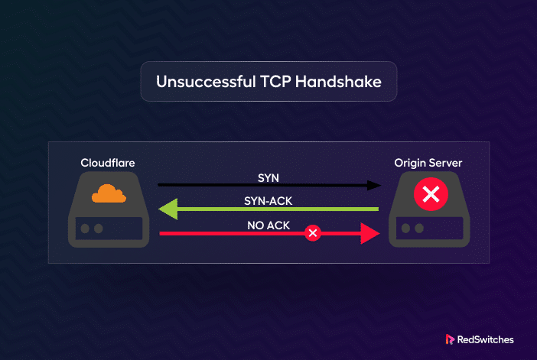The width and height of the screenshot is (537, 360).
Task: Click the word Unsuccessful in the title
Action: pos(207,82)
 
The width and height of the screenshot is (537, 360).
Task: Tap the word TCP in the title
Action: pos(275,82)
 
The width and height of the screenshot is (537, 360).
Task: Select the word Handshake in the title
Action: pos(338,82)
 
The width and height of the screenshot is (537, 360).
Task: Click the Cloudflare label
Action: pos(108,163)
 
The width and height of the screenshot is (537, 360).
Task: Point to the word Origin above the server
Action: pos(409,164)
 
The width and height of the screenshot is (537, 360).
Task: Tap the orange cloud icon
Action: pos(109,193)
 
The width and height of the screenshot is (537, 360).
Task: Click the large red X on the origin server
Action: pos(431,194)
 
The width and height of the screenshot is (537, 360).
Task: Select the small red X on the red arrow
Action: pos(313,233)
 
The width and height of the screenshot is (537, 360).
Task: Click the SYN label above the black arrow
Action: pos(268,178)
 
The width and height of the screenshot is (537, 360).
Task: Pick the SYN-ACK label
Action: pos(268,201)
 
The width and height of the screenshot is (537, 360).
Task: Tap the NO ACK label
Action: pos(268,225)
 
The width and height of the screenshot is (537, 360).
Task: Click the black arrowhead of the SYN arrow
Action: pos(373,186)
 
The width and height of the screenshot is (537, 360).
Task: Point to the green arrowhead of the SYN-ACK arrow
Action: pos(168,209)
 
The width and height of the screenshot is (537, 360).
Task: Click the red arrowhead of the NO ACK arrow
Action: pos(370,233)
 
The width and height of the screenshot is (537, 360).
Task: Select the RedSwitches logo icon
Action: pos(450,339)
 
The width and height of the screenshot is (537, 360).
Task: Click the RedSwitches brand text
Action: pos(485,339)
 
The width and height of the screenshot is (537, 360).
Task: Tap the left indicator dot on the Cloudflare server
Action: pos(85,229)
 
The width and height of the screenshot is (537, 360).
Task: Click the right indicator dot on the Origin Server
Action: pos(419,229)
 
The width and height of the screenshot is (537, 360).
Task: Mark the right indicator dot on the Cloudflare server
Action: pos(98,229)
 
